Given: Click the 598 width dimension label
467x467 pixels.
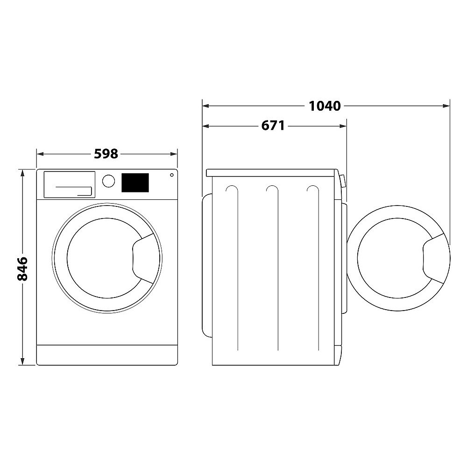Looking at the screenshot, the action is tap(106, 154).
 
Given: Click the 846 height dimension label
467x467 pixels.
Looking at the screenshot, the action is tap(22, 269).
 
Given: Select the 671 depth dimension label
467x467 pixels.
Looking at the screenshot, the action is tap(273, 126).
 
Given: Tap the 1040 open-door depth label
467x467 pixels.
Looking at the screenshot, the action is tap(325, 106).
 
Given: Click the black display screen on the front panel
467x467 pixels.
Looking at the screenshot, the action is tap(135, 183).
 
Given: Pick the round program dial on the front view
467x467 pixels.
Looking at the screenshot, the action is tap(108, 181).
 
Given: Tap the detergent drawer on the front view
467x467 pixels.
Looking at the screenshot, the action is tap(70, 184).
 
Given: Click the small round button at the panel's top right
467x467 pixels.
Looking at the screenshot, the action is tap(171, 175).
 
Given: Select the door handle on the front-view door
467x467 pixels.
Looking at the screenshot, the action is tap(143, 258).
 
